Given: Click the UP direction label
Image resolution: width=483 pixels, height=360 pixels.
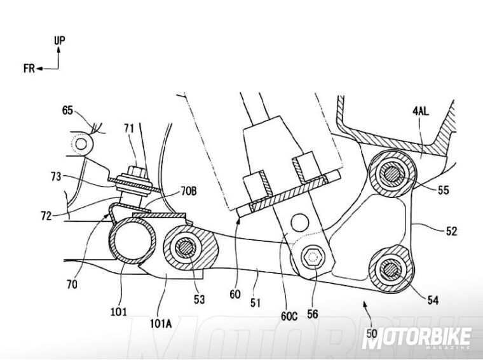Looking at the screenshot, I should [59, 41].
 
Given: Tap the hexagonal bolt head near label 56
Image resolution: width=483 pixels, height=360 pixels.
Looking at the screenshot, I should [311, 258].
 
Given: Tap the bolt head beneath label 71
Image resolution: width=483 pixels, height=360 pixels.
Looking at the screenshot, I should [136, 171].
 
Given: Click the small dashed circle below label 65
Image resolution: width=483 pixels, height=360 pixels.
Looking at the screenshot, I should [80, 145].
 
